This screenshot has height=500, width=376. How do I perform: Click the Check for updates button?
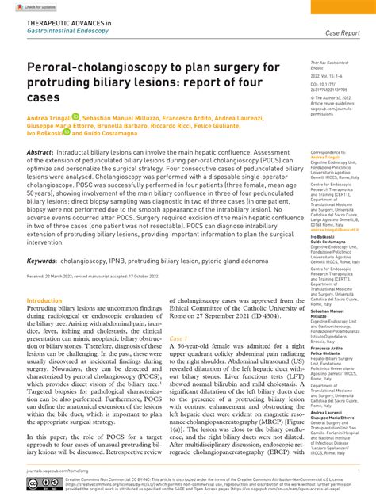tap(24, 6)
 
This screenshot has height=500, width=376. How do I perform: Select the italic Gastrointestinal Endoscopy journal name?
tap(67, 32)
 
